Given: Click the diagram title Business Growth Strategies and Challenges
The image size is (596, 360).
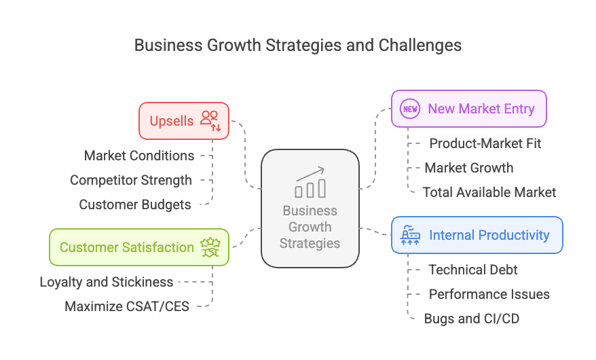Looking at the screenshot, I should click(x=297, y=46).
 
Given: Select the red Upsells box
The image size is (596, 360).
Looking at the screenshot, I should click(x=183, y=121).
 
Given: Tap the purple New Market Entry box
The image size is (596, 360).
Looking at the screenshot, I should click(x=469, y=109).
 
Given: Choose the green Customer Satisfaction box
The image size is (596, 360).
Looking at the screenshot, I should click(x=138, y=247).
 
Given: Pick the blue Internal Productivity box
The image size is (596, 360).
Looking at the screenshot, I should click(x=477, y=235).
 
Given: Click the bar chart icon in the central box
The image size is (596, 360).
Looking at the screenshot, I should click(x=310, y=183).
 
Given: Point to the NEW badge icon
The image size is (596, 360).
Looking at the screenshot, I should click(x=410, y=109).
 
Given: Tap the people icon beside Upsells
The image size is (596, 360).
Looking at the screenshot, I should click(x=210, y=120).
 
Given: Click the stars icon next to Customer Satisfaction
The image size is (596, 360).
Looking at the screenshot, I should click(x=210, y=247).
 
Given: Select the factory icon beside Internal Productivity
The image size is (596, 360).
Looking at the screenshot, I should click(x=410, y=235).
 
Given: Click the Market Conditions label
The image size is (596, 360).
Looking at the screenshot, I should click(x=139, y=156).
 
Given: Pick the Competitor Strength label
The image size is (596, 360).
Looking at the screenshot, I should click(x=131, y=180).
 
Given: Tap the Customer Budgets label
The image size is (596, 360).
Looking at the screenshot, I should click(x=135, y=204).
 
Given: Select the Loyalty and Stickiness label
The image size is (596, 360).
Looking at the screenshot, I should click(x=107, y=282).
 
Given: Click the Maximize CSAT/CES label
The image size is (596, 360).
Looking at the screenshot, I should click(x=127, y=306).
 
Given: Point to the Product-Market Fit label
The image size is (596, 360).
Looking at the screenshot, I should click(x=485, y=143).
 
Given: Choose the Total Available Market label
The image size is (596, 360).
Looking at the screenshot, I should click(x=489, y=192).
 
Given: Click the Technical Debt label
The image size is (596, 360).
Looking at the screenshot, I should click(x=473, y=270).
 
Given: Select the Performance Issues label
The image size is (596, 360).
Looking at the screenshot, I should click(x=489, y=294).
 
